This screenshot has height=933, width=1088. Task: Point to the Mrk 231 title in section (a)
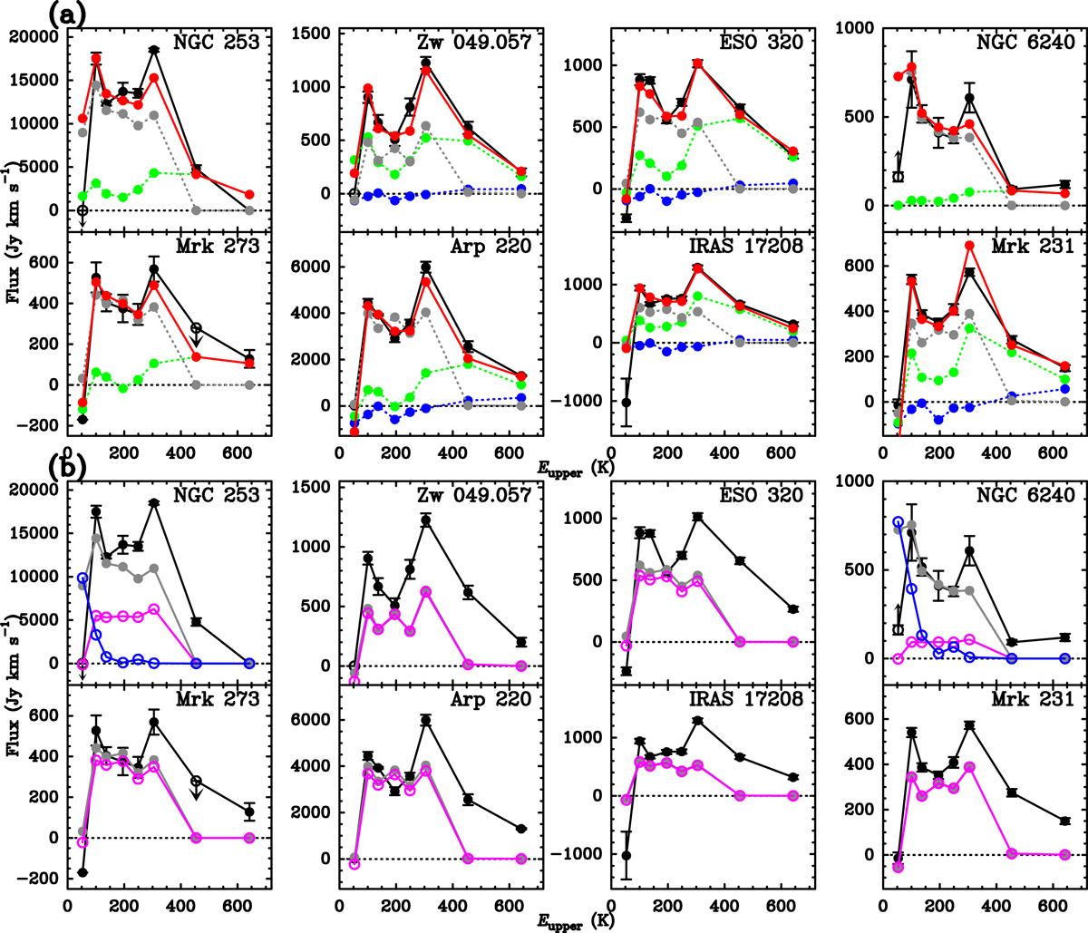tap(1041, 247)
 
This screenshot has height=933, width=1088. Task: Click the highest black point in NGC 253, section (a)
tap(154, 49)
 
